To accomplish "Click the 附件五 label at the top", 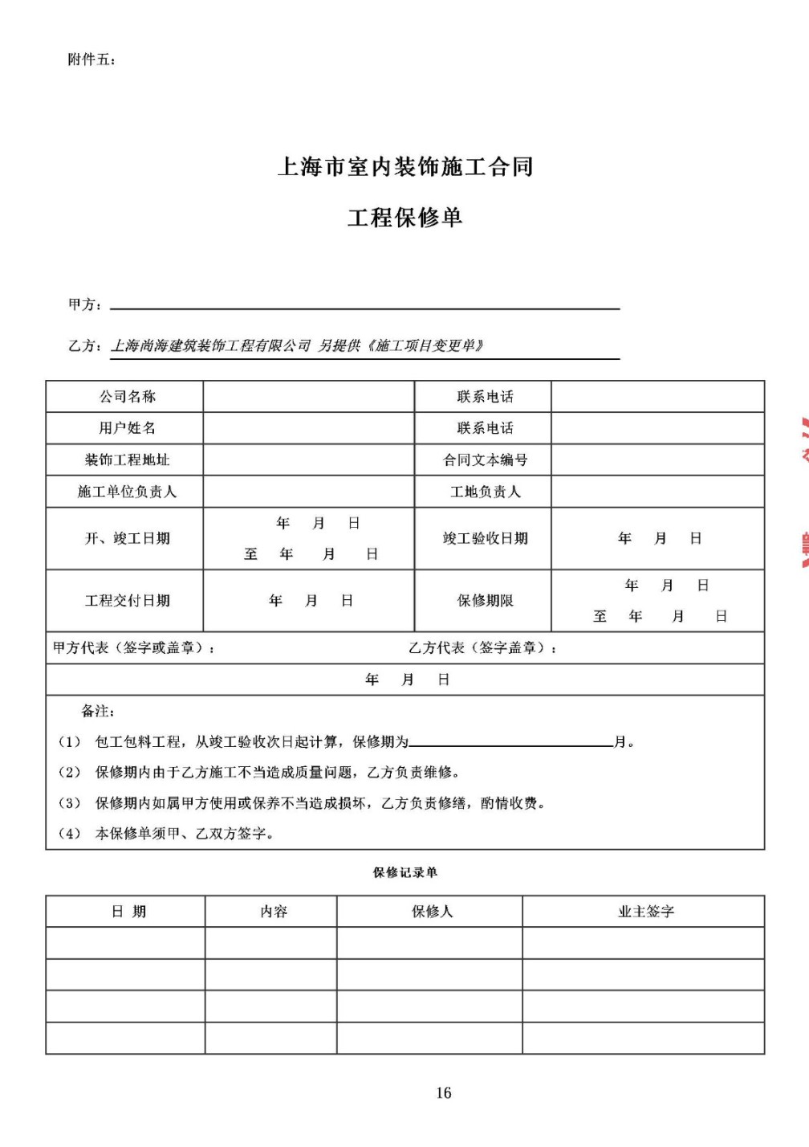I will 91,59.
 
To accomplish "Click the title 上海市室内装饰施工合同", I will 404,167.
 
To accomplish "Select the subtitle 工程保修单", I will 404,218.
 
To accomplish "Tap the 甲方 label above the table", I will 84,304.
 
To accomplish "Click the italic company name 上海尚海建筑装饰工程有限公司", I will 210,346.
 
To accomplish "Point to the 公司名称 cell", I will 127,397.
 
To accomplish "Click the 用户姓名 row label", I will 127,428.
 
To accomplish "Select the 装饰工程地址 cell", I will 127,460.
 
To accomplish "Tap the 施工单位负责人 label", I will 127,492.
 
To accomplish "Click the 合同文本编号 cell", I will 485,460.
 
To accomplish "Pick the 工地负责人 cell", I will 485,492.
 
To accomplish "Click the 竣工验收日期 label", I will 485,538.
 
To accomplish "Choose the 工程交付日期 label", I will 127,601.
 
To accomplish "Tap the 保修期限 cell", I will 485,601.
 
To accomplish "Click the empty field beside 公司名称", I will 308,397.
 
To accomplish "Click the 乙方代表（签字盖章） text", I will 482,648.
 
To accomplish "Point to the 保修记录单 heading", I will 404,872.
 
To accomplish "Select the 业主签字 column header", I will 645,912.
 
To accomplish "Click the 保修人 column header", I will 432,912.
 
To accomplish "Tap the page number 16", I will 444,1092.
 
